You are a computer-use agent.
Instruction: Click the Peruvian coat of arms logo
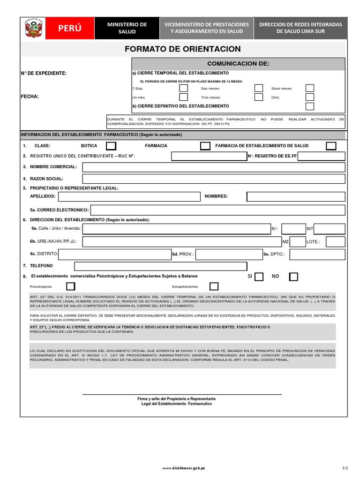click(x=34, y=29)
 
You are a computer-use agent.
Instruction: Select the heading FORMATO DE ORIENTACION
click(x=183, y=49)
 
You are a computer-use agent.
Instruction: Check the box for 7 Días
click(x=183, y=88)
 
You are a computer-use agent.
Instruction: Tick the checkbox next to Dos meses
click(x=258, y=88)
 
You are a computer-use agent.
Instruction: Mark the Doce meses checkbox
click(x=309, y=88)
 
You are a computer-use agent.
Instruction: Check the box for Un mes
click(x=183, y=97)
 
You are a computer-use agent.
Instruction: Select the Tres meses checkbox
click(x=258, y=97)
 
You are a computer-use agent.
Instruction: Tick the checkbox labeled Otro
click(x=309, y=97)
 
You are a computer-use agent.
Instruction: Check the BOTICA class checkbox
click(x=111, y=146)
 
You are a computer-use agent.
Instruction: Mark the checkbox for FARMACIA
click(x=205, y=146)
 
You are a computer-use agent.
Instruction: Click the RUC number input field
click(x=209, y=156)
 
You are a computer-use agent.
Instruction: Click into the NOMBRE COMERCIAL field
click(x=213, y=167)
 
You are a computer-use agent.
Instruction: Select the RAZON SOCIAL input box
click(x=213, y=179)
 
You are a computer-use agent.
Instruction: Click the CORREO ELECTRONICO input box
click(x=217, y=210)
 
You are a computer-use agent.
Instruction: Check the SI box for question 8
click(x=259, y=277)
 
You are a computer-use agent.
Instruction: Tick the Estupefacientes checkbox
click(x=214, y=286)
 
